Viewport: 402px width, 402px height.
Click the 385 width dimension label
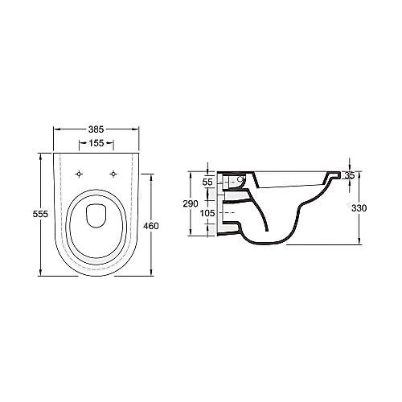(x=96, y=129)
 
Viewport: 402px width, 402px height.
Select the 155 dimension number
(x=96, y=143)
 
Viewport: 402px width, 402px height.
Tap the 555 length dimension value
(x=40, y=214)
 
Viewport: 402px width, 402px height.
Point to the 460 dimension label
(x=151, y=226)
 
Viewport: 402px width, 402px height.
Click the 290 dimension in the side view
(x=191, y=203)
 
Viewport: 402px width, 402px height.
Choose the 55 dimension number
(x=207, y=183)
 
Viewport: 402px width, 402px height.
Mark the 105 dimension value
(x=207, y=213)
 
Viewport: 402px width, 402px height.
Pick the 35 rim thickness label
(x=350, y=175)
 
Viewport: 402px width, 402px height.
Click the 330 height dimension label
(x=359, y=208)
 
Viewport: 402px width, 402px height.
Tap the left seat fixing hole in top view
(x=79, y=174)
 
